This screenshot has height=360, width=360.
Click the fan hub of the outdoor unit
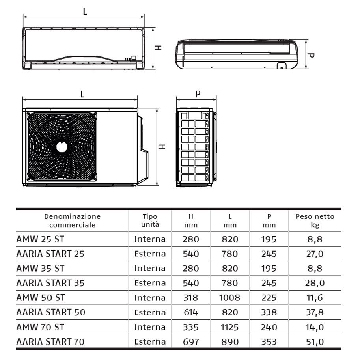[62, 147]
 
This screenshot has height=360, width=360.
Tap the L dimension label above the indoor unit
[85, 11]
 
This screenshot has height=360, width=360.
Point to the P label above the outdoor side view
[198, 94]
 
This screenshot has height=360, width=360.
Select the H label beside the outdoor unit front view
[162, 147]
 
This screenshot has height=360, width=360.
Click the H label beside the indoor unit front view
[158, 48]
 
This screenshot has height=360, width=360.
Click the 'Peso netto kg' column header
[315, 220]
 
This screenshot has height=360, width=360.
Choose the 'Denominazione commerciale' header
[73, 220]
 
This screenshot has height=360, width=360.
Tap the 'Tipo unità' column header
[150, 220]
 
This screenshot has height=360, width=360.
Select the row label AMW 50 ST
[40, 297]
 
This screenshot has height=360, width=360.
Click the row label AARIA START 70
[50, 341]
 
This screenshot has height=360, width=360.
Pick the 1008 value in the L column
[230, 298]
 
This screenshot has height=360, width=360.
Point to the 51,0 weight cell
[315, 342]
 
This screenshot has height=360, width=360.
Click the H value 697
[191, 342]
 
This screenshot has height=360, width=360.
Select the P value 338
[269, 312]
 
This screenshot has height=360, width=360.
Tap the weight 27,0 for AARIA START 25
[315, 254]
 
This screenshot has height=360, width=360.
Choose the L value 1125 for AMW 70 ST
[230, 327]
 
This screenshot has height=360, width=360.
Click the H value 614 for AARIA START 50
[191, 312]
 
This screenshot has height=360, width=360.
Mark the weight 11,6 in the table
[315, 298]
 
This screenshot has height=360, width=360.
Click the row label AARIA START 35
[50, 283]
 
